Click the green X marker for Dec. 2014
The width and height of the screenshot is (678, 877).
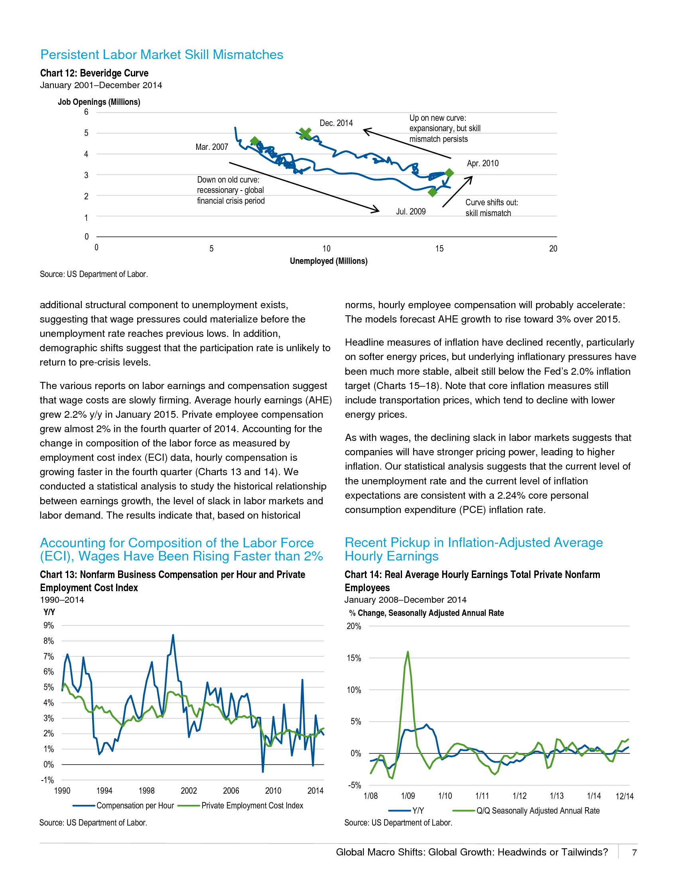[305, 133]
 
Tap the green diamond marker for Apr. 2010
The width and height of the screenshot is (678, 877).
[449, 173]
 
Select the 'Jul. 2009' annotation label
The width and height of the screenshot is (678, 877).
[410, 212]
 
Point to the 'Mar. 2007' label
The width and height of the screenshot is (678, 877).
[212, 147]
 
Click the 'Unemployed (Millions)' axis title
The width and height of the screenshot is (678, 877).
[329, 261]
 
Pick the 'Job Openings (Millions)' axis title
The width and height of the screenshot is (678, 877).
[99, 102]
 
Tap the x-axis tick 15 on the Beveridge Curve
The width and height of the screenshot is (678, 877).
[440, 249]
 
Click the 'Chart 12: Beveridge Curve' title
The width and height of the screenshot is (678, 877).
[94, 73]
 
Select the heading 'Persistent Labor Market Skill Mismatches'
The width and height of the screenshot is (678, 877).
[162, 55]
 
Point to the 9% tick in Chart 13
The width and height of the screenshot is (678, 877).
[49, 625]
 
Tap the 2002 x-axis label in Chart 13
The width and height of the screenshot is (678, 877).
[189, 790]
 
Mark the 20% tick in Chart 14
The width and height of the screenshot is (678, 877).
[354, 626]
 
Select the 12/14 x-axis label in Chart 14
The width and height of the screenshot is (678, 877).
[625, 796]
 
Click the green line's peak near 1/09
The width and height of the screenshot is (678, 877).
[408, 652]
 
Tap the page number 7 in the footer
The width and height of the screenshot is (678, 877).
[634, 853]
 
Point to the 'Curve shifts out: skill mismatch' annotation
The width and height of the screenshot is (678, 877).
[492, 208]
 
